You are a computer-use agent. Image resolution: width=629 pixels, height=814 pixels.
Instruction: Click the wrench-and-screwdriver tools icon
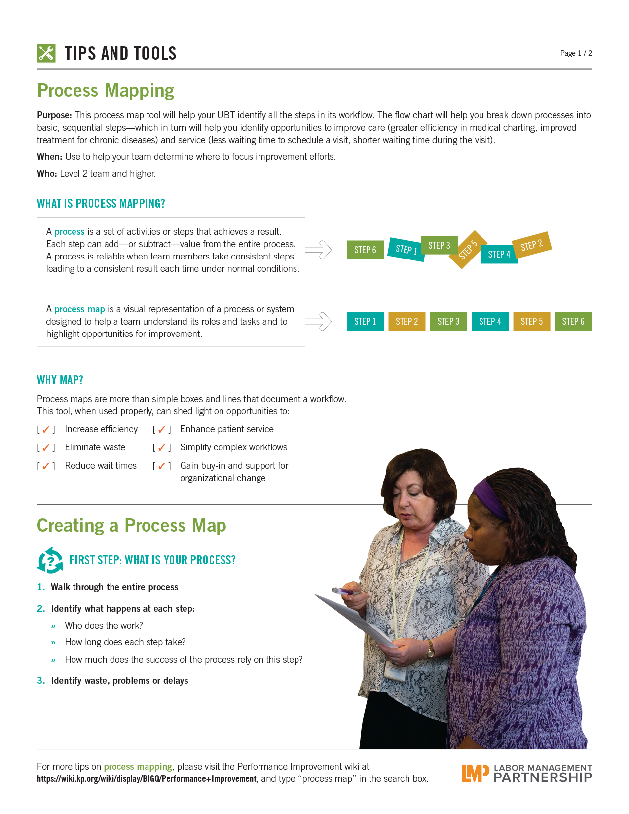point(46,53)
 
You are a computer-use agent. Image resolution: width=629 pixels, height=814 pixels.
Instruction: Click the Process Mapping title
point(106,91)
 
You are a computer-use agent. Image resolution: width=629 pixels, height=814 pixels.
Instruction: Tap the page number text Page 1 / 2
point(576,53)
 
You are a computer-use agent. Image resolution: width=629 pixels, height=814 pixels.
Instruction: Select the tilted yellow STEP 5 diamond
point(467,250)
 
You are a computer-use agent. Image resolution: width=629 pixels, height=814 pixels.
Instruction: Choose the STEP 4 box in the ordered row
point(490,322)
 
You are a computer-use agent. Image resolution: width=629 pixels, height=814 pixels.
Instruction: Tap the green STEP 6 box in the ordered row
point(573,322)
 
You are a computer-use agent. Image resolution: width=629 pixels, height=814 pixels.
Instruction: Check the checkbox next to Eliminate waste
point(46,448)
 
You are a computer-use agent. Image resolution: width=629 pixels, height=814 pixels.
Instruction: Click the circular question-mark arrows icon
point(50,560)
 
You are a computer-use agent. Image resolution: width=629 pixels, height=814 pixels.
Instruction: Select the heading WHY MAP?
point(60,380)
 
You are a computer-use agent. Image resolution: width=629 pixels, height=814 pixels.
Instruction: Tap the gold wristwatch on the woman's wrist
point(431,651)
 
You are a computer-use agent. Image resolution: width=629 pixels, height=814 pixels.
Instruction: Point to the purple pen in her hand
point(346,591)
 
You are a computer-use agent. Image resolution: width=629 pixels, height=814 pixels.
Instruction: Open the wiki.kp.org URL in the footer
point(147,779)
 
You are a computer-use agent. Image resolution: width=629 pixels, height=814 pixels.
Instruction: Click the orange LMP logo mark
point(475,773)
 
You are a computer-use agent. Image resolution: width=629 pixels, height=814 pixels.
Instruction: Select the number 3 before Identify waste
point(40,681)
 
